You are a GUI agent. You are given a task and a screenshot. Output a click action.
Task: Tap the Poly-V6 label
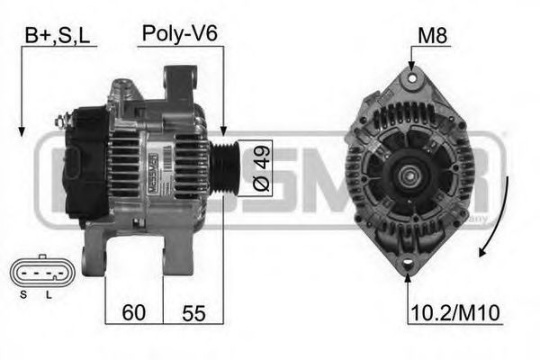coord(179,35)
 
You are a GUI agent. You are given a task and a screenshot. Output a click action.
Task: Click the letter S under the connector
coord(25,294)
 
